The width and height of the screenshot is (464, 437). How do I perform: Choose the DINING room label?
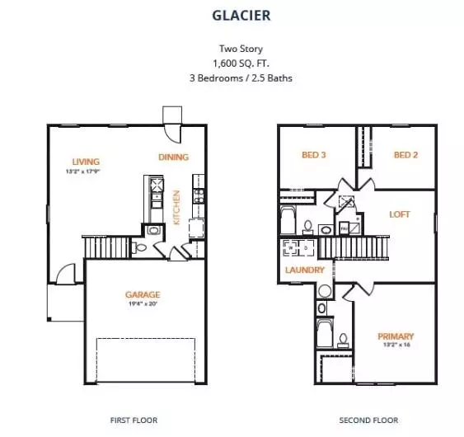point(174,157)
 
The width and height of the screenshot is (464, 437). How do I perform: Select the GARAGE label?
point(143,294)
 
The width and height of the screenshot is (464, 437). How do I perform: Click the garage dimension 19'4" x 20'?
point(143,303)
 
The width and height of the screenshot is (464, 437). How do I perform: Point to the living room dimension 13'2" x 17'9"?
point(82,172)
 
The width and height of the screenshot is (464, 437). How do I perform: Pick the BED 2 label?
point(405,155)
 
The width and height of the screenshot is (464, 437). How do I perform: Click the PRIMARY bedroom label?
point(396,336)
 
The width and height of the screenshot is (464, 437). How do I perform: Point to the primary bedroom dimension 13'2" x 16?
point(396,345)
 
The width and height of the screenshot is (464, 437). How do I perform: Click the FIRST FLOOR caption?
point(134,421)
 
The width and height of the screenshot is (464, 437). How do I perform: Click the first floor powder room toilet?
point(141,247)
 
